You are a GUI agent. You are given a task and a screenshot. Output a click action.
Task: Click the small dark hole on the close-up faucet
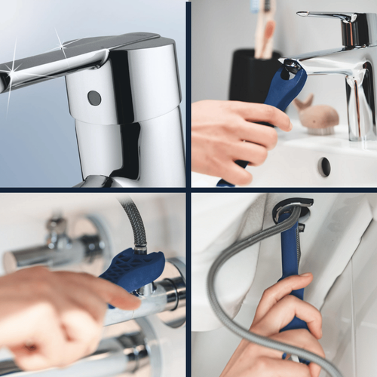94,97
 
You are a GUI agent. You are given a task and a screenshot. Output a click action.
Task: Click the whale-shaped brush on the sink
318,115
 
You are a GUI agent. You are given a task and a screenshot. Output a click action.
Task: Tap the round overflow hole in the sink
324,167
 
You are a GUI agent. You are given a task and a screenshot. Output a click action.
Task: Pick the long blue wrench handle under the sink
291,271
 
